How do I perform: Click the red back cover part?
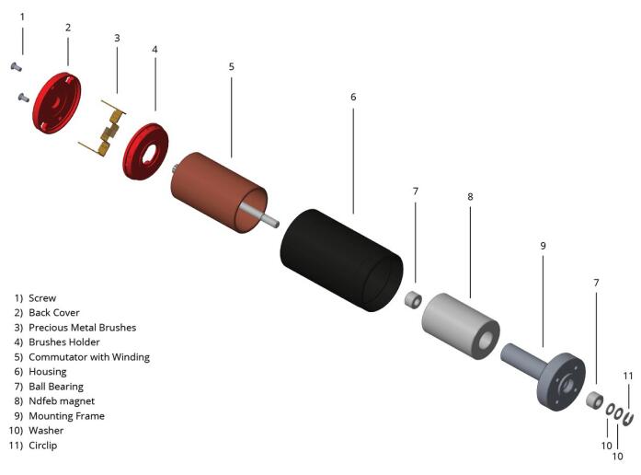[56, 103]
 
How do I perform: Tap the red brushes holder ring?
[145, 151]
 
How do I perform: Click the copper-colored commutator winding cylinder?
[217, 191]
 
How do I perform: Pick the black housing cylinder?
[341, 261]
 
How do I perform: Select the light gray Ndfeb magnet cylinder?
[461, 326]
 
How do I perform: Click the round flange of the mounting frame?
[562, 382]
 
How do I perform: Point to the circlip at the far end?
[628, 419]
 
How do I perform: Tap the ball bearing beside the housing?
[413, 300]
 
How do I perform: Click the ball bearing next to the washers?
[595, 400]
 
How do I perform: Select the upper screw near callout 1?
[16, 66]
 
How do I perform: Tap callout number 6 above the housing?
[353, 97]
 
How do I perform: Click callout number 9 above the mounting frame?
[543, 246]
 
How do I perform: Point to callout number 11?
[628, 376]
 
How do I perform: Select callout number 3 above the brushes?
[117, 38]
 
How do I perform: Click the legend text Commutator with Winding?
[89, 357]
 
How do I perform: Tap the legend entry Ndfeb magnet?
[62, 401]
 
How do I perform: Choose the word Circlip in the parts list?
[43, 446]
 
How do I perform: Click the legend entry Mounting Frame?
[66, 416]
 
